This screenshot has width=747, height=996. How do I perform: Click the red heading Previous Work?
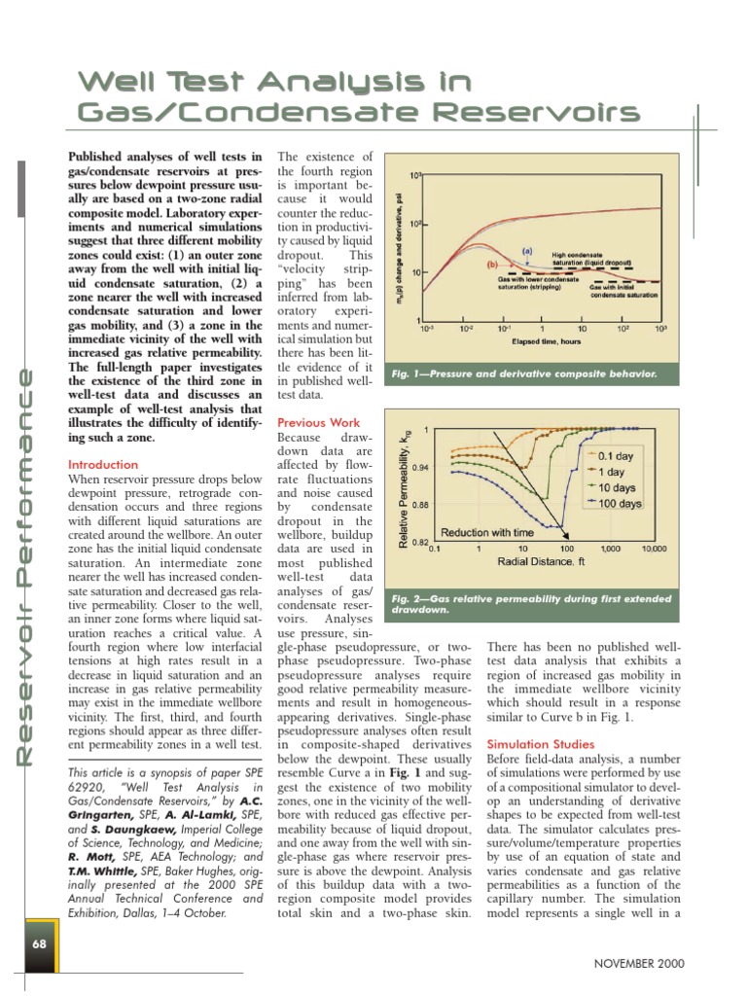pyautogui.click(x=318, y=423)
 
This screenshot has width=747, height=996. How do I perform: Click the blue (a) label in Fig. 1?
pyautogui.click(x=527, y=251)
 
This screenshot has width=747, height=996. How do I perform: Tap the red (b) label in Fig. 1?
pyautogui.click(x=491, y=264)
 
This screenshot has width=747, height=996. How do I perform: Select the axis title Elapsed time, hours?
pyautogui.click(x=541, y=341)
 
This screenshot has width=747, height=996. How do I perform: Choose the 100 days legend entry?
pyautogui.click(x=619, y=503)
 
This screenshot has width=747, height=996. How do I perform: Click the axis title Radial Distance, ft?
pyautogui.click(x=543, y=562)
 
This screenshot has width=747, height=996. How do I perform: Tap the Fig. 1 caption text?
pyautogui.click(x=522, y=373)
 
